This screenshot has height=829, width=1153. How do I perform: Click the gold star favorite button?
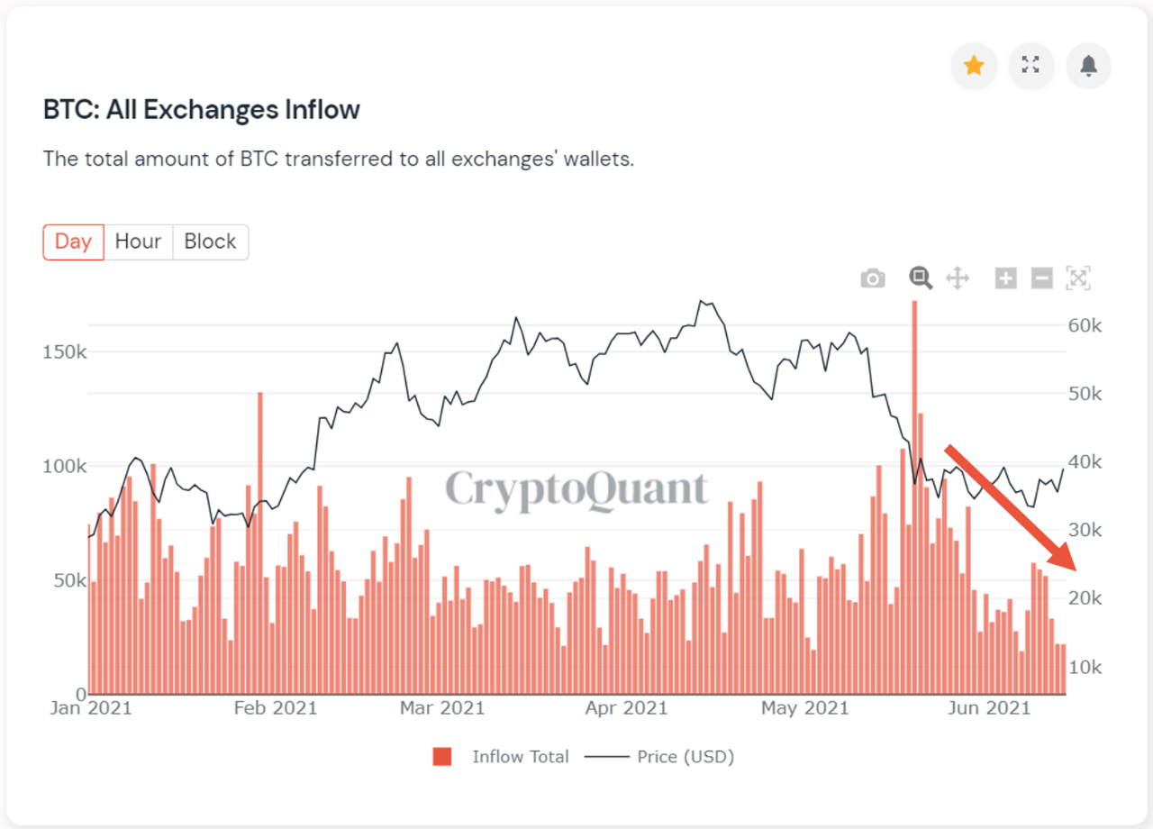pyautogui.click(x=974, y=66)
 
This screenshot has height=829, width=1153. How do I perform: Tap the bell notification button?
pyautogui.click(x=1088, y=66)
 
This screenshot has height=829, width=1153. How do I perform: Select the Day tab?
pyautogui.click(x=73, y=241)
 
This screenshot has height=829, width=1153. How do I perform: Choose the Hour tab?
pyautogui.click(x=138, y=241)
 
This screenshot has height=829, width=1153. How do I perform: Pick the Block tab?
pyautogui.click(x=210, y=241)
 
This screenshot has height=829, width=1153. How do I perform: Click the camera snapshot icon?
pyautogui.click(x=872, y=278)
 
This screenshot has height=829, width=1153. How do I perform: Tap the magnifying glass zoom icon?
pyautogui.click(x=920, y=278)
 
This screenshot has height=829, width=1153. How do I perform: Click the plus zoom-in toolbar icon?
pyautogui.click(x=1005, y=278)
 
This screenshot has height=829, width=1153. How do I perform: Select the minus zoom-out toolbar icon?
pyautogui.click(x=1041, y=278)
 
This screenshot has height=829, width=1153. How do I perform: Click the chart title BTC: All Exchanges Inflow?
pyautogui.click(x=202, y=110)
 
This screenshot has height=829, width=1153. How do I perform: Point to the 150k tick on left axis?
pyautogui.click(x=65, y=351)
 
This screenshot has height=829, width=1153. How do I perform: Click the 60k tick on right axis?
pyautogui.click(x=1085, y=325)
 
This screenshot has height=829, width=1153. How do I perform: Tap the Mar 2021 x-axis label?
pyautogui.click(x=441, y=708)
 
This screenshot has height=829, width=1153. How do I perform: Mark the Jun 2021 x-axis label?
pyautogui.click(x=989, y=708)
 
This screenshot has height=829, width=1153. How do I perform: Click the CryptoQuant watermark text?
pyautogui.click(x=576, y=489)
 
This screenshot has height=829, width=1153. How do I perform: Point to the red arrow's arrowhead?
pyautogui.click(x=1068, y=562)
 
